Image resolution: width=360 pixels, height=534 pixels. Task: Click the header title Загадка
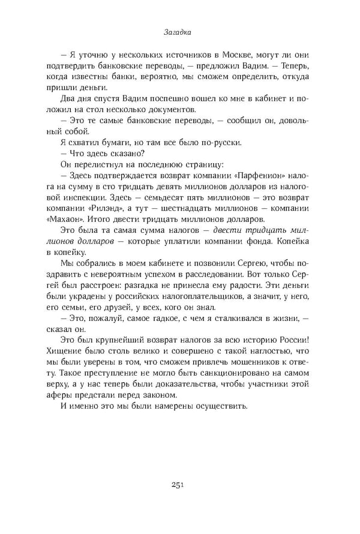(x=179, y=35)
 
